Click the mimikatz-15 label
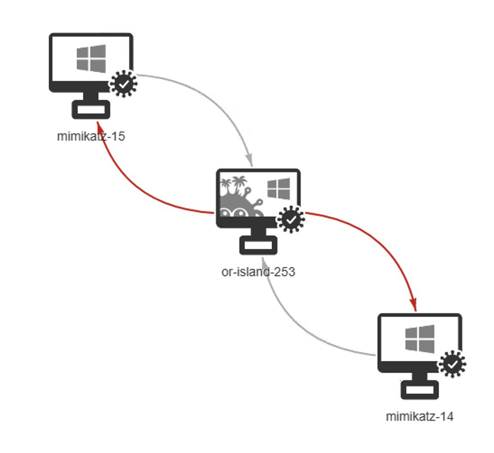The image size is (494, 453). [91, 136]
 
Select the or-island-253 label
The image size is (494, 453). [258, 272]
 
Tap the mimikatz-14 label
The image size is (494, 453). [419, 416]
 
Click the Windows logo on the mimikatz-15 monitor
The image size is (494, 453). [91, 58]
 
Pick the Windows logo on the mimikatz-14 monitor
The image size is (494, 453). [419, 339]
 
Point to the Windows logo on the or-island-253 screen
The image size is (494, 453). [279, 189]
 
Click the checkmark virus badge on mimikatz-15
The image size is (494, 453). [124, 84]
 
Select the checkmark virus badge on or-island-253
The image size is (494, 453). [291, 220]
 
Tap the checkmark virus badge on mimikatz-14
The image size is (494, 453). [452, 364]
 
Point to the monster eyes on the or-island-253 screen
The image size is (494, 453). [233, 212]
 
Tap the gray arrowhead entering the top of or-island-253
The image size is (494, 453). [250, 160]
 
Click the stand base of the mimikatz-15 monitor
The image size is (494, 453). [91, 110]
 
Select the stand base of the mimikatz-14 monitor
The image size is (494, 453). [419, 390]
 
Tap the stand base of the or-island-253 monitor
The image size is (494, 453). [258, 245]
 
